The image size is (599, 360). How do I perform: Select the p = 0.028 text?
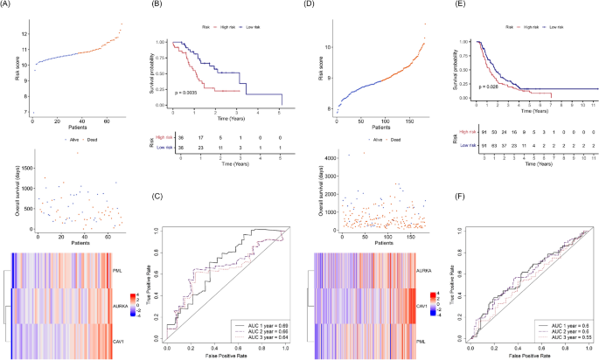point(488,86)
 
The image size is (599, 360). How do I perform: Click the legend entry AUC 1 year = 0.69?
point(260,322)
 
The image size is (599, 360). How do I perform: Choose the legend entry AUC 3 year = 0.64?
point(260,337)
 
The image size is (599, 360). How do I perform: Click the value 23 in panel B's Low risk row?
point(199,149)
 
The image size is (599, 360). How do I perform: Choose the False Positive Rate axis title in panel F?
point(528,357)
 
